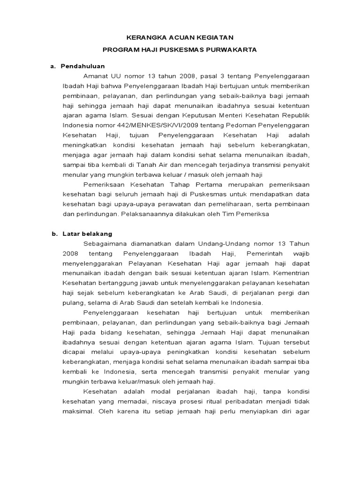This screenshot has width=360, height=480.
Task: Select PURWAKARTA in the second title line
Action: pos(228,50)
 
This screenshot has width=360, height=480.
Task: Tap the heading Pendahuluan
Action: pos(83,66)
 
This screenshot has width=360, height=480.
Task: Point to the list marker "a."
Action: pos(53,66)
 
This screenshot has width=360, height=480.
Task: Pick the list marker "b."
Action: pos(54,233)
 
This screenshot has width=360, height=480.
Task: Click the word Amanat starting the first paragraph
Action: pos(95,76)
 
